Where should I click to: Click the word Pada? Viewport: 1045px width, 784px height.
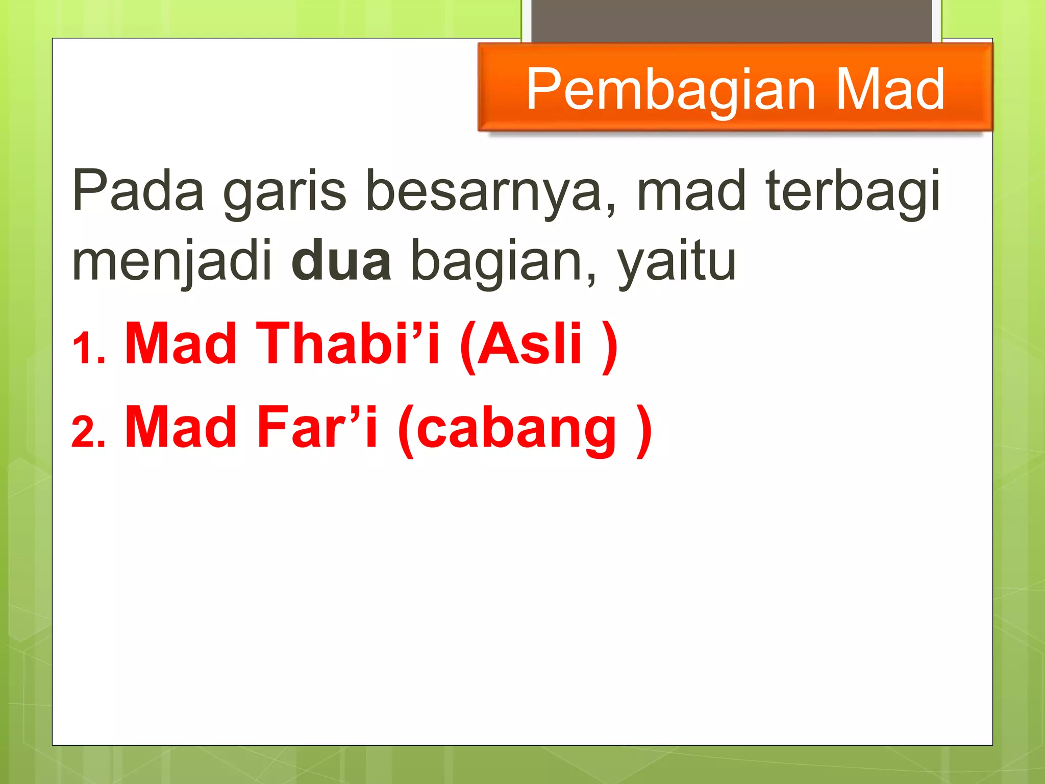click(x=138, y=190)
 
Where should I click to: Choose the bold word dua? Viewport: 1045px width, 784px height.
click(x=341, y=260)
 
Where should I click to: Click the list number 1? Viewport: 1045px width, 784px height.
click(x=88, y=349)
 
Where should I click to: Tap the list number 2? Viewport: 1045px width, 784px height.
click(x=88, y=432)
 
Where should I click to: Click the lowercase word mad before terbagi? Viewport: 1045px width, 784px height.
click(x=691, y=190)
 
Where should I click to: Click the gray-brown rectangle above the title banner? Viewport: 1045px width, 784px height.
click(x=731, y=20)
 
